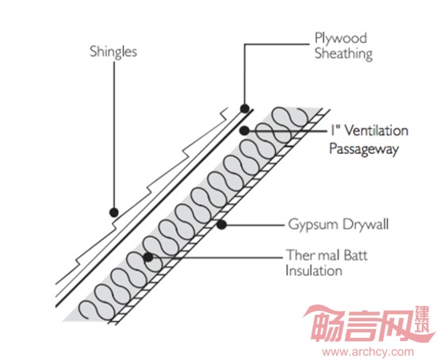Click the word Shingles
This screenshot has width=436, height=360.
(113, 52)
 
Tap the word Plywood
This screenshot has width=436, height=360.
(341, 38)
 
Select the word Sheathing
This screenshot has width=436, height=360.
(344, 54)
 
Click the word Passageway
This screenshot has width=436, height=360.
(364, 149)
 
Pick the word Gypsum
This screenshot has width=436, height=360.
(313, 224)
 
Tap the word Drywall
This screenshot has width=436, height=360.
(365, 224)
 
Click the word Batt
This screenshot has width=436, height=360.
(356, 255)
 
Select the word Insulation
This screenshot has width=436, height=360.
(314, 270)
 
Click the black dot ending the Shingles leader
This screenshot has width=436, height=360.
(113, 213)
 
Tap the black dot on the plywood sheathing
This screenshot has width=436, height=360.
(245, 108)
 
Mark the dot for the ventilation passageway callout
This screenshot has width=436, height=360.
(244, 131)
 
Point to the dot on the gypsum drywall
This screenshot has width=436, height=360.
(221, 224)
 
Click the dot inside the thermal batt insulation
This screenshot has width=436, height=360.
(148, 257)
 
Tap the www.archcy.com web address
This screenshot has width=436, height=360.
(368, 351)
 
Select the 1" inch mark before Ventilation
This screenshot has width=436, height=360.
(335, 130)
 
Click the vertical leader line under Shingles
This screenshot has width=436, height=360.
(114, 135)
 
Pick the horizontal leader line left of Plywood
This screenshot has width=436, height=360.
(277, 44)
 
